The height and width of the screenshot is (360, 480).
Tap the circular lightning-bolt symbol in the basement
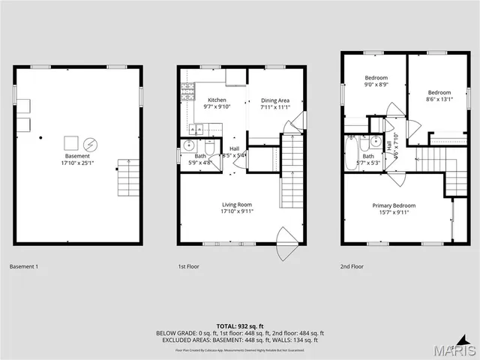point(90,143)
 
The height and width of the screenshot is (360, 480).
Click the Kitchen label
point(217,100)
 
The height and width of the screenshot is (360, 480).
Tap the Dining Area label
point(274,100)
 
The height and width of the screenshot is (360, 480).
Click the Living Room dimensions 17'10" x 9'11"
point(236,211)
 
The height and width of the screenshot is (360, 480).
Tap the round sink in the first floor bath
point(190,145)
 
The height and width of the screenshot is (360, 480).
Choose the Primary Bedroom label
point(394,205)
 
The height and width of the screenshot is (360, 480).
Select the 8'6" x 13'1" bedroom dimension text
point(439,99)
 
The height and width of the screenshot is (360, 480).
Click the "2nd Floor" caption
point(352,266)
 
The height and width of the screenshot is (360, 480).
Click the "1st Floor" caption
point(188,266)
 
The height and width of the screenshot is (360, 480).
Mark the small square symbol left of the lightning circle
point(71,142)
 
